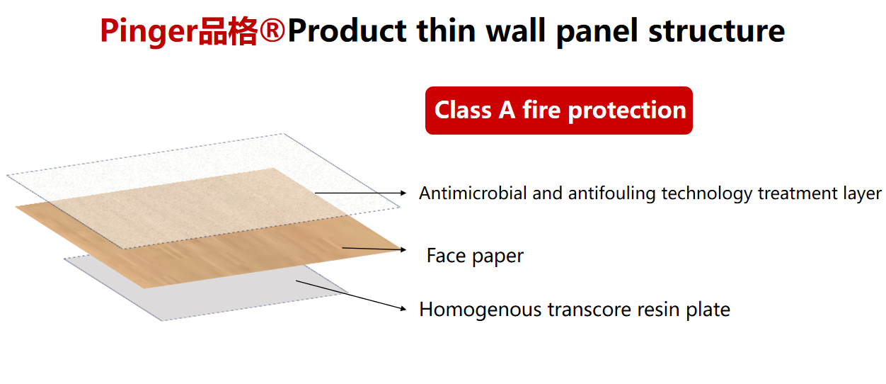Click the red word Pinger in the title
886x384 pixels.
[x=149, y=32]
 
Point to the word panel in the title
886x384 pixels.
[x=597, y=32]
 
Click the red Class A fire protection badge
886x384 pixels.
[x=559, y=111]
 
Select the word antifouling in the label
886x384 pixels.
[x=611, y=193]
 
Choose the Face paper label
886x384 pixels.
[x=475, y=256]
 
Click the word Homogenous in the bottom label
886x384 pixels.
[x=480, y=310]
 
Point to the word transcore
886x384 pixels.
[x=589, y=310]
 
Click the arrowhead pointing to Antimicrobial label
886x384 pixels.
[x=403, y=193]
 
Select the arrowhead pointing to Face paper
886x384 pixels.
[x=403, y=250]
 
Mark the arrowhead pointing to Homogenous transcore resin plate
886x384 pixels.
[x=403, y=309]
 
